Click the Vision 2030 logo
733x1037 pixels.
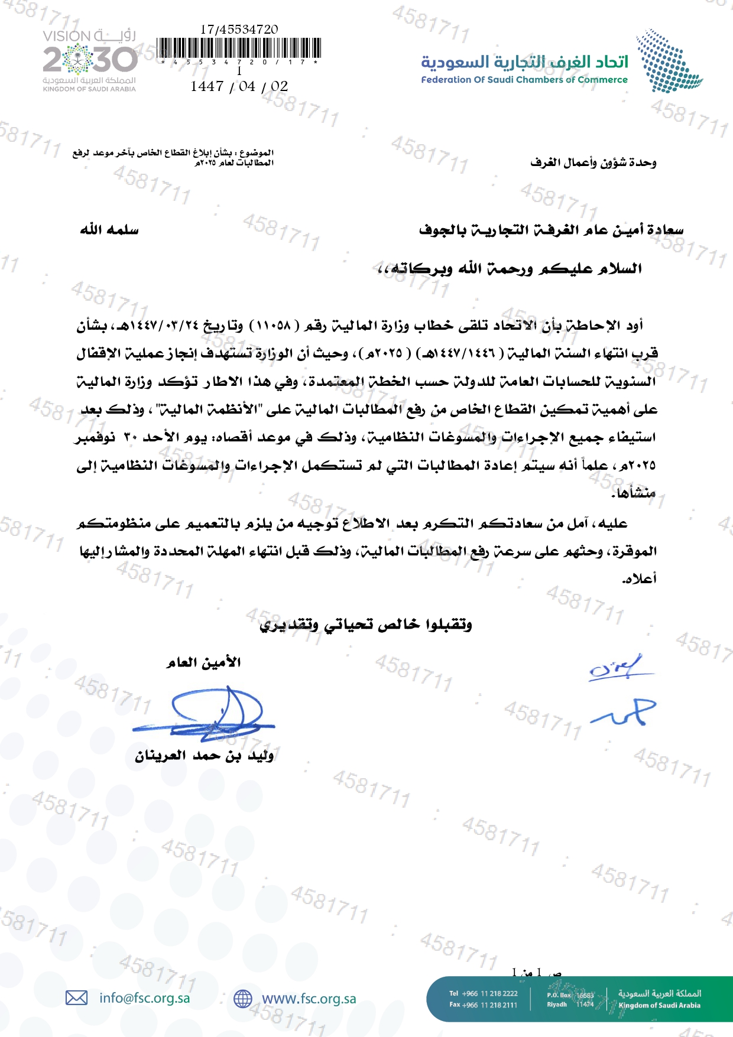(89, 60)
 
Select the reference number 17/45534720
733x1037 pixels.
(239, 29)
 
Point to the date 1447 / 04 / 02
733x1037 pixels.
(239, 86)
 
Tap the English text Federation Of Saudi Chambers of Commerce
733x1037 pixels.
(524, 80)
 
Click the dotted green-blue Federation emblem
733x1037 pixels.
(668, 61)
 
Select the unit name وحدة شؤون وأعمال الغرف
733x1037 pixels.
(593, 162)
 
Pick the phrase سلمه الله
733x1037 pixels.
(109, 230)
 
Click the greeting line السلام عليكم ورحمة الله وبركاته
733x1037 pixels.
(510, 269)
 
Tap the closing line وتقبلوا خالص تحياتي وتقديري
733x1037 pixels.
(366, 625)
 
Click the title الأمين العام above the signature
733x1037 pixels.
(203, 662)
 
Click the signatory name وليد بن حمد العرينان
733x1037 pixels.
(204, 756)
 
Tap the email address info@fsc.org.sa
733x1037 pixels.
(145, 998)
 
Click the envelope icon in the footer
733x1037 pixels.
(76, 998)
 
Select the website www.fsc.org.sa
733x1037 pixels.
(309, 999)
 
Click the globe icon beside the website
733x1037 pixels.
(242, 999)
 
